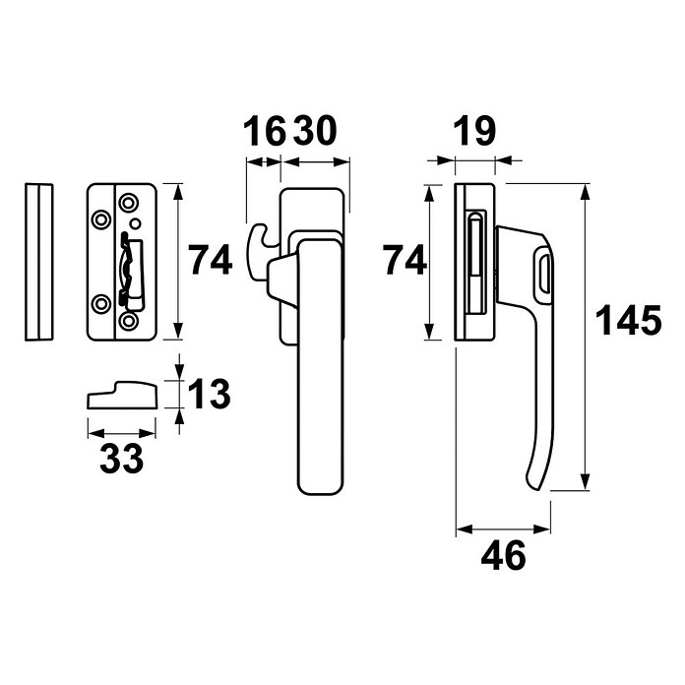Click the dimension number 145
tap(629, 320)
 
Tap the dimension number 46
tap(503, 555)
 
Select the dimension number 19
tap(474, 131)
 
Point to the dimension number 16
tap(265, 131)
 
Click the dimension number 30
tap(315, 131)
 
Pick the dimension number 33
tap(121, 459)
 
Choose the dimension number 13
tap(210, 394)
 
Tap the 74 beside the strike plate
tap(211, 260)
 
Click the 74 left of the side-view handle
tap(405, 260)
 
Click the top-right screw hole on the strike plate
tap(128, 203)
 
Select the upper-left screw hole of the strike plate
tap(101, 219)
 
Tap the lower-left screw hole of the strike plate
tap(101, 304)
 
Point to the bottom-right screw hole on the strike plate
tap(128, 321)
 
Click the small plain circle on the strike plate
tap(136, 223)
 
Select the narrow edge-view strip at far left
tap(39, 262)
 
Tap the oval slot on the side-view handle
tap(543, 275)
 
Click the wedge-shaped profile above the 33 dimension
tap(122, 395)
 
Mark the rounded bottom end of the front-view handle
tap(321, 488)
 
